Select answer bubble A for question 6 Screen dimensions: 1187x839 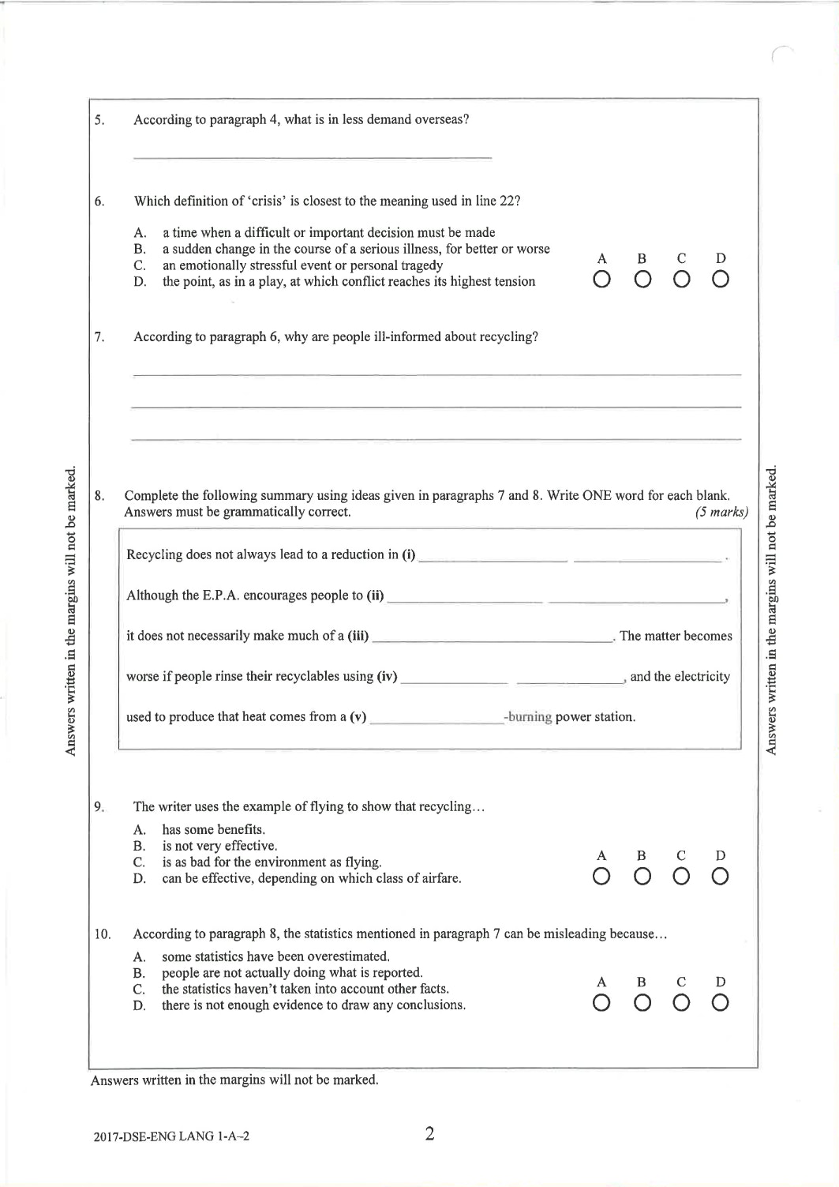602,280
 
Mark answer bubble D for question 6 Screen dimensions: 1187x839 720,280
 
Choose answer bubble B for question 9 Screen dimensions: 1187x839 642,877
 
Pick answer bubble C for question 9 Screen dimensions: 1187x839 681,877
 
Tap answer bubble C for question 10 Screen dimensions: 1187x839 681,1004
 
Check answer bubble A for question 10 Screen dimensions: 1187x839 602,1004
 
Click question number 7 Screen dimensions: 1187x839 99,337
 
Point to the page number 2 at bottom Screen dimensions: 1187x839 429,1135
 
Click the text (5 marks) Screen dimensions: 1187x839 721,513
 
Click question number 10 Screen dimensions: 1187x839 103,934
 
